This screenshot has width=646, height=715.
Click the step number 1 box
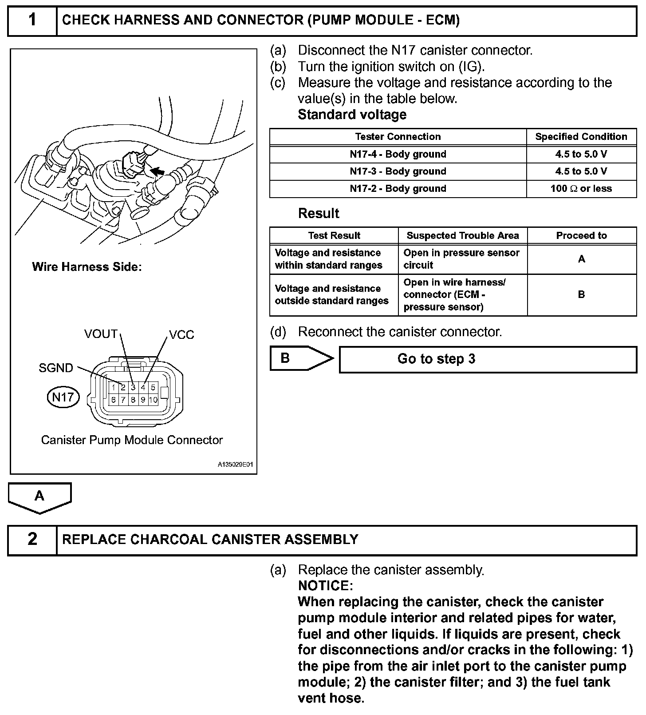(32, 20)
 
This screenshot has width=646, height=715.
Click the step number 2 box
(32, 540)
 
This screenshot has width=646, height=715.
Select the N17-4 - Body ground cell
(398, 155)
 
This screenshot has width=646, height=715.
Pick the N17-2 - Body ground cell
(398, 189)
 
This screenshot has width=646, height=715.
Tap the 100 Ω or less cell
(581, 189)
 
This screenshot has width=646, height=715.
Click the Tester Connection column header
(398, 137)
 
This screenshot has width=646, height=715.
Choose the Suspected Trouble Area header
(462, 236)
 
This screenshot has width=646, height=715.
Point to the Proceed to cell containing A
(581, 259)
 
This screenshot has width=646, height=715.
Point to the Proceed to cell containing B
(581, 294)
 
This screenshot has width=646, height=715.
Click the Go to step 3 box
(488, 359)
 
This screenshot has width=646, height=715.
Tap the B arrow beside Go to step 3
(300, 358)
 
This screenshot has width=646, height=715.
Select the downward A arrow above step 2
(39, 497)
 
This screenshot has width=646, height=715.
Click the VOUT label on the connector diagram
(101, 334)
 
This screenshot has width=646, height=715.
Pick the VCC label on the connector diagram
(181, 335)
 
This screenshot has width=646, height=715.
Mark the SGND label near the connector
(56, 368)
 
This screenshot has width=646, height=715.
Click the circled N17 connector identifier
(63, 397)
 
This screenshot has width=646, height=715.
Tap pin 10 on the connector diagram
(153, 400)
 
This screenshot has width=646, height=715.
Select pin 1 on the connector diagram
(114, 388)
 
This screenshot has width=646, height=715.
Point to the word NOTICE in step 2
(325, 586)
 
